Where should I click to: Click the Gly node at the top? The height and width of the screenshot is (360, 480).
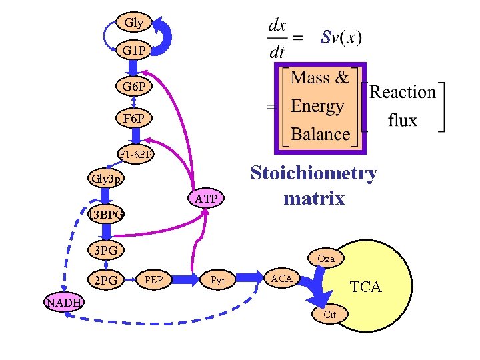pos(133,22)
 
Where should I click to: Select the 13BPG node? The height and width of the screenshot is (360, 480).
pos(106,215)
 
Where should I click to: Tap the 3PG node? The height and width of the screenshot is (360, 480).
pos(106,251)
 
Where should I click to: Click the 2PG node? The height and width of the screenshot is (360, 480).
pos(106,280)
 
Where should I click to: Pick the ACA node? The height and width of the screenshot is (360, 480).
pos(281,278)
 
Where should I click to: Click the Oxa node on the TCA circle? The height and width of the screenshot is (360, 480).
pos(326,258)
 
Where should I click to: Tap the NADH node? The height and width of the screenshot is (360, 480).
pos(63,302)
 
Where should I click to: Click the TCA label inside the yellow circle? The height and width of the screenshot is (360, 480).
pos(366,287)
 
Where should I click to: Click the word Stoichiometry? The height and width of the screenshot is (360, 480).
pos(313,173)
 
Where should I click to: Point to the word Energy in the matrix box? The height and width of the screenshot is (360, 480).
pos(318,106)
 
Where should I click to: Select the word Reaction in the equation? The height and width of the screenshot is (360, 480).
pos(403,92)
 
